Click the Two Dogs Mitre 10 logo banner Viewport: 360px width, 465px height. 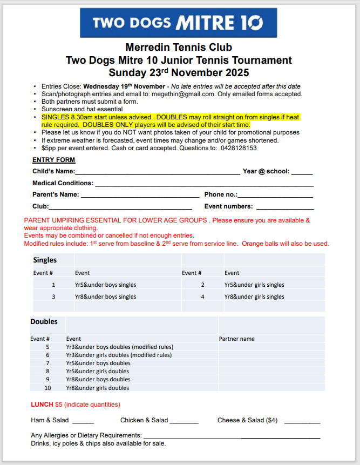point(178,23)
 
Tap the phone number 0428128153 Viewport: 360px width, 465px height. point(239,148)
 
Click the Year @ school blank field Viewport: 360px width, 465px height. point(302,173)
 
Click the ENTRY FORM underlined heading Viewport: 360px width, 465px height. point(54,160)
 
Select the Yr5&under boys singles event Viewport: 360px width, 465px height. point(105,285)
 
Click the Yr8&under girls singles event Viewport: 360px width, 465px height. point(254,296)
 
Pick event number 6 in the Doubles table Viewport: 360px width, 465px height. point(47,355)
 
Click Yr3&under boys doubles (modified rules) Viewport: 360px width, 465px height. point(119,347)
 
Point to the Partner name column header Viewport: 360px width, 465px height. point(236,339)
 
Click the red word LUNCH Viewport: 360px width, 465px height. point(42,405)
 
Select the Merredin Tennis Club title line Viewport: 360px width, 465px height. point(179,48)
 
